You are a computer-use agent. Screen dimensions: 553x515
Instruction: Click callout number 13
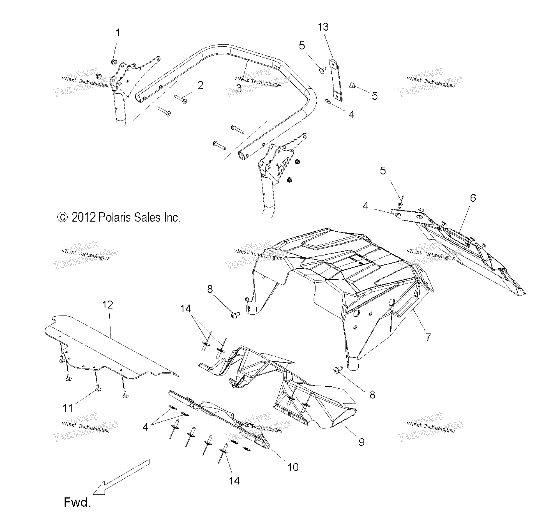tap(323, 27)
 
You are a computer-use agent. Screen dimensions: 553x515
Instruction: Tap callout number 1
tap(118, 33)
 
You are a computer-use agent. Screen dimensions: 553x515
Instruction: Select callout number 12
tap(108, 305)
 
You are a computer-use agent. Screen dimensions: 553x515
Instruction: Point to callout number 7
tap(428, 337)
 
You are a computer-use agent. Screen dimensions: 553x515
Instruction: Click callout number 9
tap(361, 442)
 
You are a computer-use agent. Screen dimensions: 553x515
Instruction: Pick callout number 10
tap(293, 467)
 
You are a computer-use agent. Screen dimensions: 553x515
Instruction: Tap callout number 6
tap(473, 198)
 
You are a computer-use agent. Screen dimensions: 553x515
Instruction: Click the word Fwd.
tap(77, 502)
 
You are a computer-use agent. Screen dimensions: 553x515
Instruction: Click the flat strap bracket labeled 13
tap(336, 80)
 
